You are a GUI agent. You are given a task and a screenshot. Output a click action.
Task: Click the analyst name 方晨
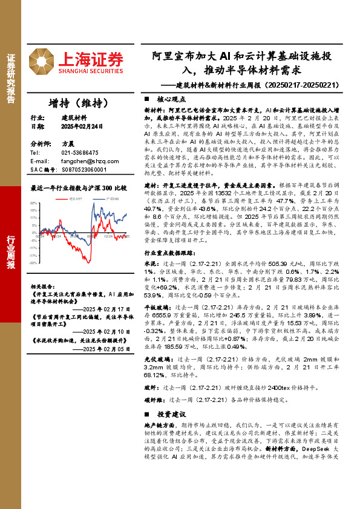68,145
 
